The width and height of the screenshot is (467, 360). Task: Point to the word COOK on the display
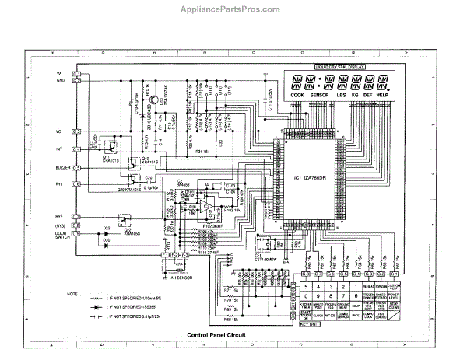(x=297, y=96)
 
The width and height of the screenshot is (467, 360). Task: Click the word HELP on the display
(x=381, y=96)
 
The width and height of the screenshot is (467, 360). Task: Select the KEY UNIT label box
(x=311, y=323)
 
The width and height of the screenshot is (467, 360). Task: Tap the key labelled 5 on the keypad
(x=308, y=286)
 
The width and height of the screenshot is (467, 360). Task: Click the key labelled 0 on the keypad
(x=308, y=296)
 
